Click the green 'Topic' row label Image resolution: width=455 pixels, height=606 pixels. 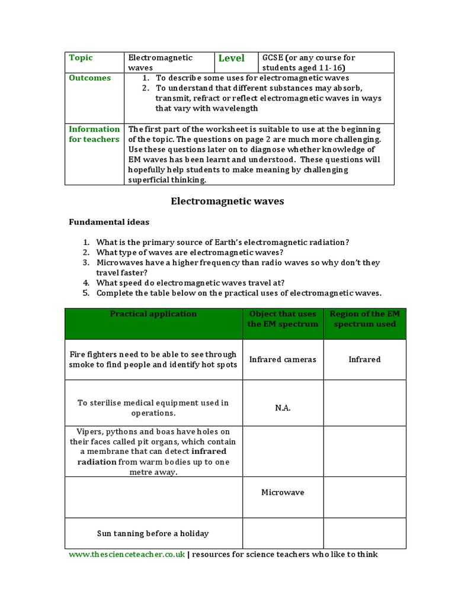81,58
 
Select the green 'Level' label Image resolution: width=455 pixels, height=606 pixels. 231,58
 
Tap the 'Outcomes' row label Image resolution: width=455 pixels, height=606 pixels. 90,78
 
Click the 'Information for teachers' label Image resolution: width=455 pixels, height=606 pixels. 94,134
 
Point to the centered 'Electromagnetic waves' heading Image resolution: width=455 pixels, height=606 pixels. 227,202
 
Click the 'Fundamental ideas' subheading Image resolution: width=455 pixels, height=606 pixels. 109,223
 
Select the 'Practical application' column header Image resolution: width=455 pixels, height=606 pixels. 153,314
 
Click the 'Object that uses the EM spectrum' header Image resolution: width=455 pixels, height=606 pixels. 283,319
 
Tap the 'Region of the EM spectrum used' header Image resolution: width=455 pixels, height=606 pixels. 364,319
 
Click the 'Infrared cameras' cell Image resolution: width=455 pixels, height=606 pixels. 283,359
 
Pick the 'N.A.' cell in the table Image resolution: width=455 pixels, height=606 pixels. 283,408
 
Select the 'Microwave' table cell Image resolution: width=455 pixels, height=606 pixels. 283,492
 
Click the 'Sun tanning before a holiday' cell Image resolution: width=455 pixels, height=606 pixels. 153,534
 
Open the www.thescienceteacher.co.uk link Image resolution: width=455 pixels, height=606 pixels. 127,555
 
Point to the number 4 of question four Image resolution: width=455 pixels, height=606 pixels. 86,283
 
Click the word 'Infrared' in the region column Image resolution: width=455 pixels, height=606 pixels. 364,359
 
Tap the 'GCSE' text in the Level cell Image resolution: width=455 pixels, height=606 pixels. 273,58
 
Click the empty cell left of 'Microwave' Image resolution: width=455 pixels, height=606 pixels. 153,497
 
